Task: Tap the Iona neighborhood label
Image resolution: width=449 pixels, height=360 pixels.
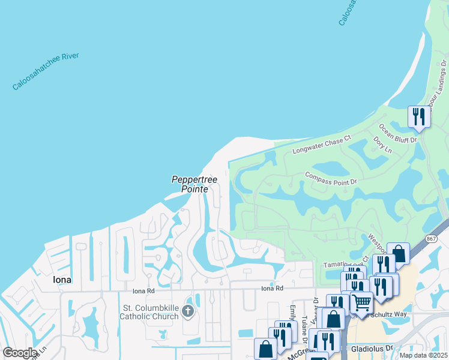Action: pos(62,280)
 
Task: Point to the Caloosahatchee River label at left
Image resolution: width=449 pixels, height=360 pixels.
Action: pos(46,72)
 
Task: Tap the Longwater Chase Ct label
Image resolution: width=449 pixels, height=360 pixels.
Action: pos(321,145)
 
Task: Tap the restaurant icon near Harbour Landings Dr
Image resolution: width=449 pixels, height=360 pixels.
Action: pos(418,116)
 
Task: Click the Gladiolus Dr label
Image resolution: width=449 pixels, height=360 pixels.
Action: pos(372,347)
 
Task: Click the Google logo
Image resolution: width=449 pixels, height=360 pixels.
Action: pos(20,353)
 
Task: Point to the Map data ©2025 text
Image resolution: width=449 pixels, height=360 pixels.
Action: pos(424,355)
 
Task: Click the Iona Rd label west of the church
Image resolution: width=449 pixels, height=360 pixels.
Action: pos(143,290)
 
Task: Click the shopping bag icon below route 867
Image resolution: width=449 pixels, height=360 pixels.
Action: pos(399,252)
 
